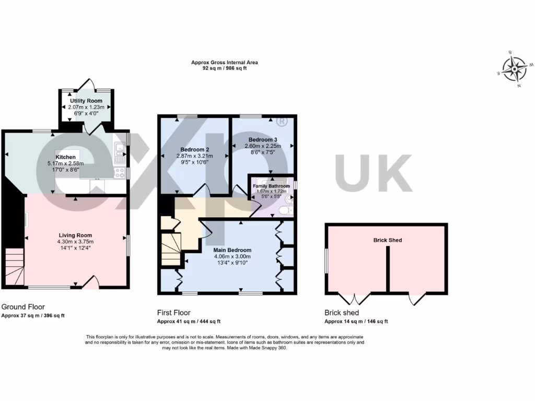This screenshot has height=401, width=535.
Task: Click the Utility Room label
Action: [x=86, y=100]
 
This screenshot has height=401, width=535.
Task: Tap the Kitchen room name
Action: [x=66, y=157]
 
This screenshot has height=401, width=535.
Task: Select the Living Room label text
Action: [x=75, y=235]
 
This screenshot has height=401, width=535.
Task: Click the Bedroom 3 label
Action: [x=263, y=139]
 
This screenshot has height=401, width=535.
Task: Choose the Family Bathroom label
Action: [x=271, y=186]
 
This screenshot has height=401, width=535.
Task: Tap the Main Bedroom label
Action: [x=232, y=250]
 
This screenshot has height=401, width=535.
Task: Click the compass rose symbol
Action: [x=514, y=69]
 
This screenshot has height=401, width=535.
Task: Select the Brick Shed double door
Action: [x=354, y=299]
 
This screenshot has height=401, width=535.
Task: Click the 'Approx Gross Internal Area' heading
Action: [x=224, y=63]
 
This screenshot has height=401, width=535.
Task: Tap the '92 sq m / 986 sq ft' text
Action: [x=224, y=68]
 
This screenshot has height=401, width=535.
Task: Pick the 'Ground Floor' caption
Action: [x=23, y=307]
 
